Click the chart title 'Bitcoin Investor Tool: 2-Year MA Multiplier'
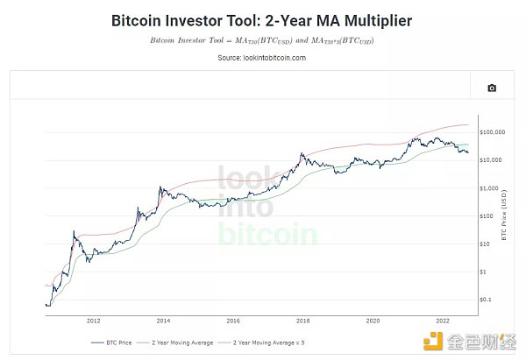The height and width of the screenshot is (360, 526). click(262, 19)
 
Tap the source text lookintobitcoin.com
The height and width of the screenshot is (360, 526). click(262, 58)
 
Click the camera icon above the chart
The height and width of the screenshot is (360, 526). click(492, 88)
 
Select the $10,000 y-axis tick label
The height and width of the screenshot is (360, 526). click(489, 160)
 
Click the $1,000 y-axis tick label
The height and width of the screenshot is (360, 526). click(487, 188)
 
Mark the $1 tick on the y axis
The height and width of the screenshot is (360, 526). click(482, 272)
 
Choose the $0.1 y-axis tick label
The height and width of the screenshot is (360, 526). click(484, 300)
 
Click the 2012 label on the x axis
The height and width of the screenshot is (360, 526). click(93, 321)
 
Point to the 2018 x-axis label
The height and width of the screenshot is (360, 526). click(303, 321)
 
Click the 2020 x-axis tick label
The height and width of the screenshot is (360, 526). click(373, 321)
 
